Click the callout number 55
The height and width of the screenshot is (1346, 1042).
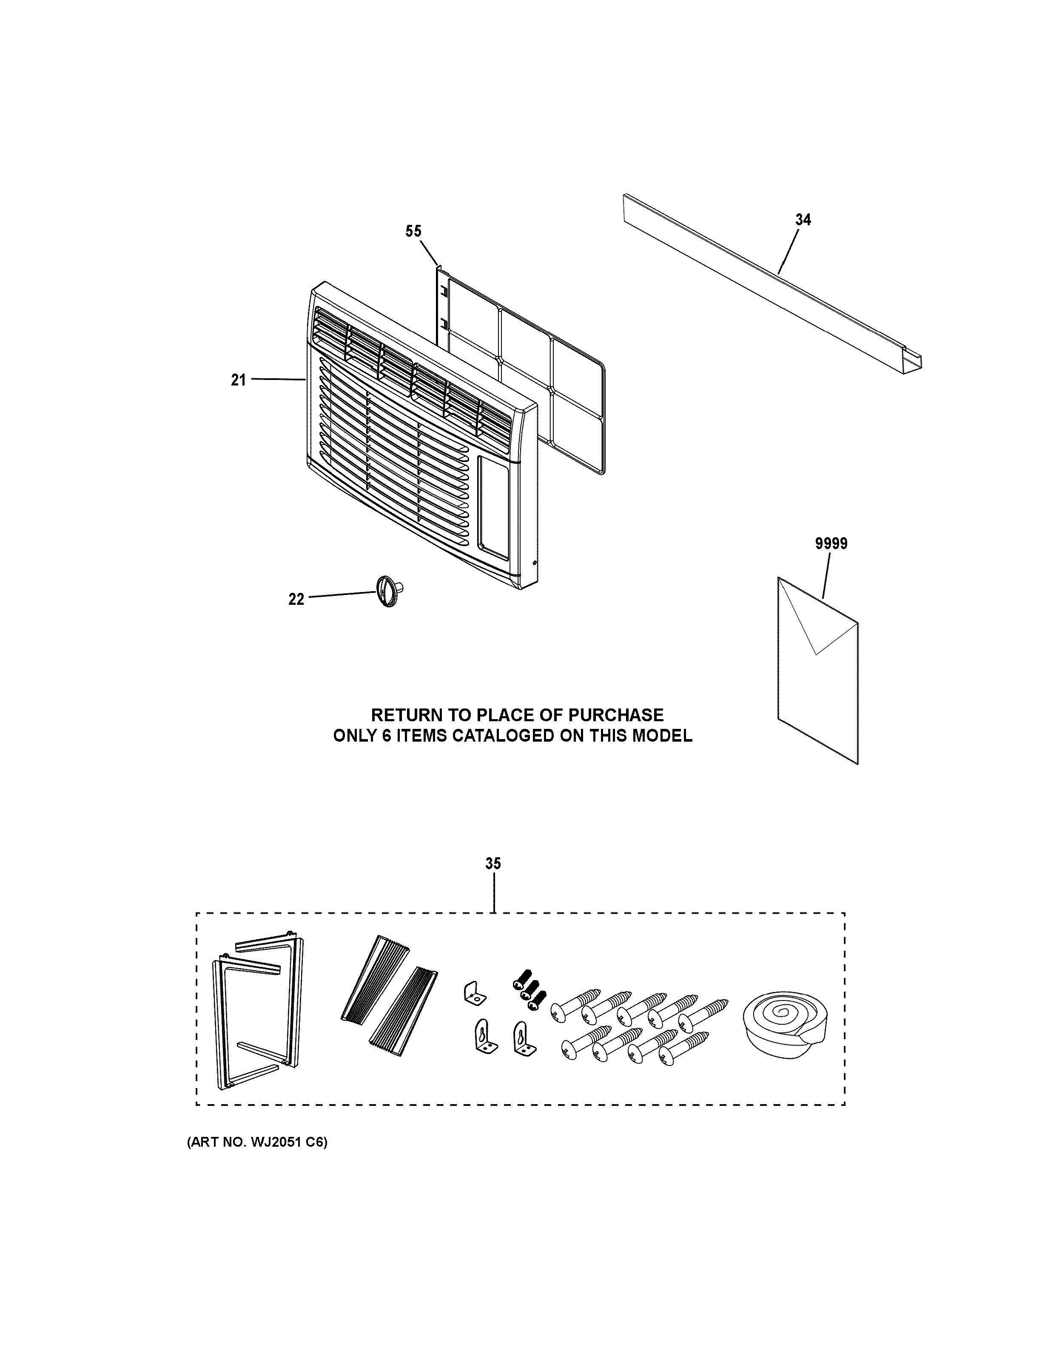413,231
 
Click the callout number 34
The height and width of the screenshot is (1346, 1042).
803,219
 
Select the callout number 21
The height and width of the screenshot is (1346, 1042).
239,380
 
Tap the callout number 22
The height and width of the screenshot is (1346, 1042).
296,599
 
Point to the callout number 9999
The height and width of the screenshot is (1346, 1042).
831,544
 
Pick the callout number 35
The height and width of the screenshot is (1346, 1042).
493,864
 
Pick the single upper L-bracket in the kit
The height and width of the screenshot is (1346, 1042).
473,992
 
